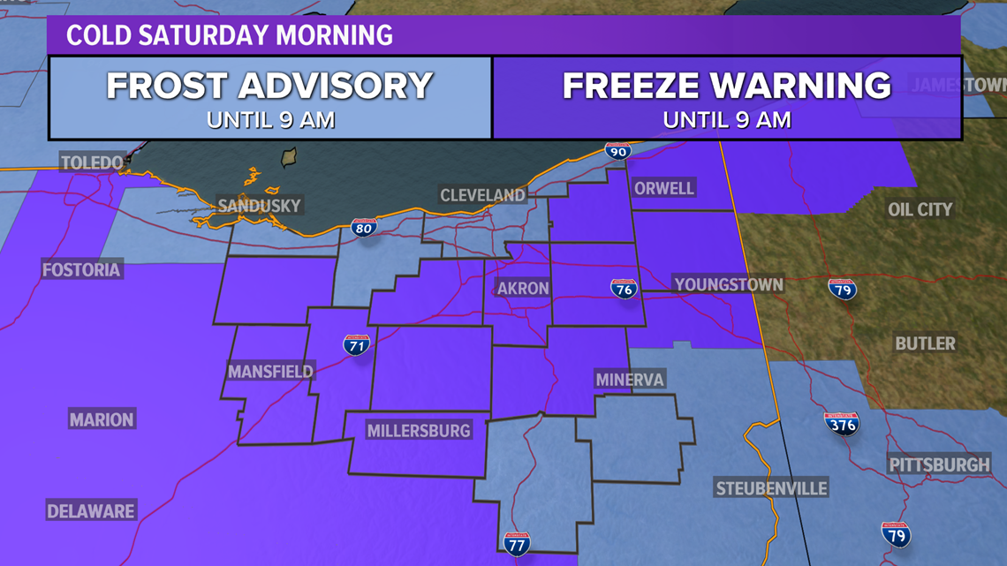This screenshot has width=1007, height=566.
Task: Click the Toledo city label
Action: point(92,162)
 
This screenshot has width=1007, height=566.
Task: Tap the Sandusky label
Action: point(260,206)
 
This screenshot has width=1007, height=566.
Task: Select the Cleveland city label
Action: point(482,194)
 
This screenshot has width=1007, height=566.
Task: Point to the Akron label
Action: point(523,289)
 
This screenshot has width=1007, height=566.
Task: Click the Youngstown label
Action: point(728,284)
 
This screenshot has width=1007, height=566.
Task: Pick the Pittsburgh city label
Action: point(939,464)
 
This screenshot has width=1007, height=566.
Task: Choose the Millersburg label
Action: point(419,431)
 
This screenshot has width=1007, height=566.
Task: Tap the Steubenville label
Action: point(771,488)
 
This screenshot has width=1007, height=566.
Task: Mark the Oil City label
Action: point(920,209)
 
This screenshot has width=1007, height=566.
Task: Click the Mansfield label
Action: point(270,372)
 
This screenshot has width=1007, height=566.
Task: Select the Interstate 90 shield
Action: point(617,151)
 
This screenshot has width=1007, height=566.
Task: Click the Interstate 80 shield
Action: point(364,227)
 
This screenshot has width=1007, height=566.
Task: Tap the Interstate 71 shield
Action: point(356,344)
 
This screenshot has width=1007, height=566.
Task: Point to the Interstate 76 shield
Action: point(624,288)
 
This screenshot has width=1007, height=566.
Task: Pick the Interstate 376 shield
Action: point(841,423)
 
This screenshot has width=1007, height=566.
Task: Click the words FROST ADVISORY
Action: point(269,87)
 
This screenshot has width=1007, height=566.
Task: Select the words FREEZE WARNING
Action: point(726,87)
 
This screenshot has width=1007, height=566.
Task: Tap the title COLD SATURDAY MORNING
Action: point(229,35)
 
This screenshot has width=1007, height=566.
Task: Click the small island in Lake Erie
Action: point(288,158)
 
